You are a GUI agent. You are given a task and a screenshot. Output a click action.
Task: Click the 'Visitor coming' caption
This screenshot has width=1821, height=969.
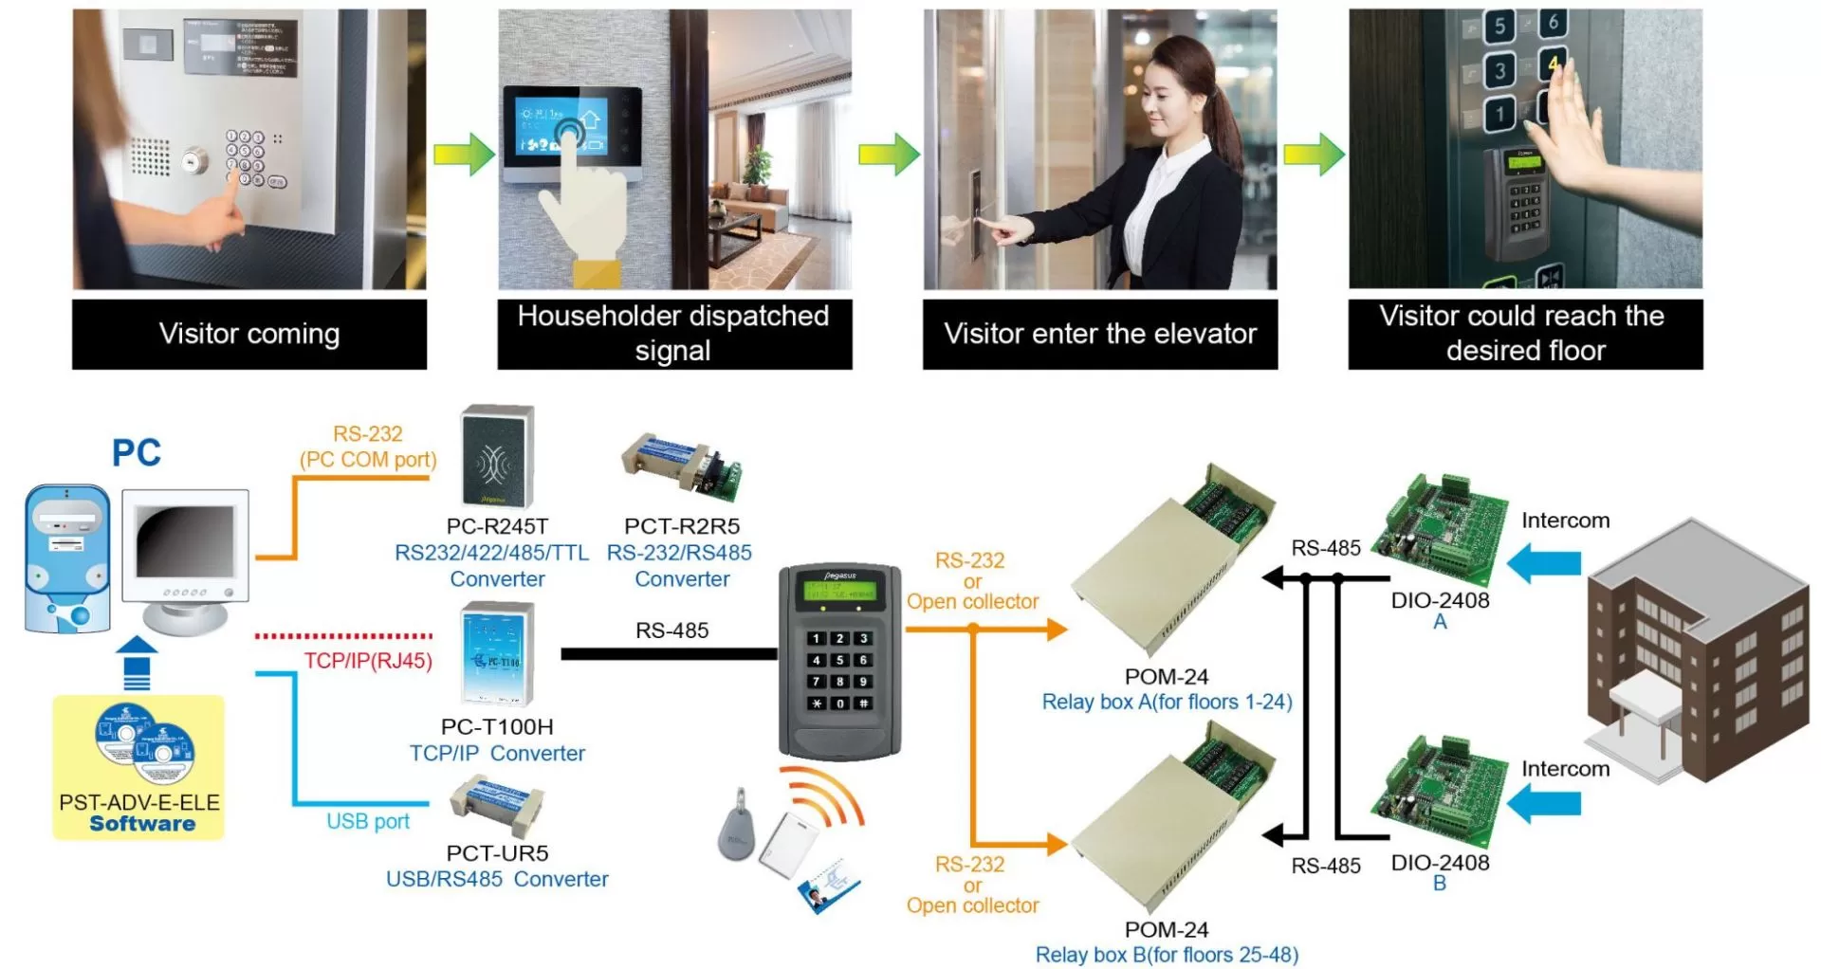(x=248, y=334)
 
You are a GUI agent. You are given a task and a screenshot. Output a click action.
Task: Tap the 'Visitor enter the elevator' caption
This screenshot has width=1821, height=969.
(x=1099, y=334)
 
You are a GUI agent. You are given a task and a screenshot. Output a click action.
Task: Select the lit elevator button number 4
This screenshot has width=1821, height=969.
(x=1553, y=64)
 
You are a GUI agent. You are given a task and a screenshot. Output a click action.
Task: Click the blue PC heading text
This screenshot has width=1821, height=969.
(x=137, y=453)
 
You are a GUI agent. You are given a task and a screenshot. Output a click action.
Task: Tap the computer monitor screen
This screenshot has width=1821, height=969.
(x=184, y=542)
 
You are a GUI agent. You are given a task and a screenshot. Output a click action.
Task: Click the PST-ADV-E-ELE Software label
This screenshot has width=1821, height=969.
(x=139, y=813)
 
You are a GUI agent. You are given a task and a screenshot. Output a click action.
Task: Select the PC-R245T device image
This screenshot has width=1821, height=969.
(x=496, y=457)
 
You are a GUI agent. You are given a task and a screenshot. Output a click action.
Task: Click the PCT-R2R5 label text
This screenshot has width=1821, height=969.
(x=681, y=526)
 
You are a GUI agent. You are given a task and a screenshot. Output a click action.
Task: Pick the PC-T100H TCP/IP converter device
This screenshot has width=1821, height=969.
(x=496, y=655)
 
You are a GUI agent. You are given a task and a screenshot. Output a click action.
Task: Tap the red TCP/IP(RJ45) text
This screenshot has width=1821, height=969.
(x=368, y=661)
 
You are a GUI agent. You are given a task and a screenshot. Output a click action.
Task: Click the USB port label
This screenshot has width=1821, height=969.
(x=368, y=821)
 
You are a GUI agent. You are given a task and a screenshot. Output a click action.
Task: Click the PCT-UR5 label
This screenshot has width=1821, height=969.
(x=497, y=852)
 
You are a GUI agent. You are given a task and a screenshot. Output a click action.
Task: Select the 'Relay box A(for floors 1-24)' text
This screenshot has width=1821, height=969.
(x=1167, y=703)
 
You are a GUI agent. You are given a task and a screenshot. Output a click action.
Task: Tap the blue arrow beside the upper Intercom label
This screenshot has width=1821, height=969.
(x=1543, y=564)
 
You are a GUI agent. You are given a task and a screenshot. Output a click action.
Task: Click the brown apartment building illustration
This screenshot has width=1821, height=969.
(x=1698, y=654)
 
